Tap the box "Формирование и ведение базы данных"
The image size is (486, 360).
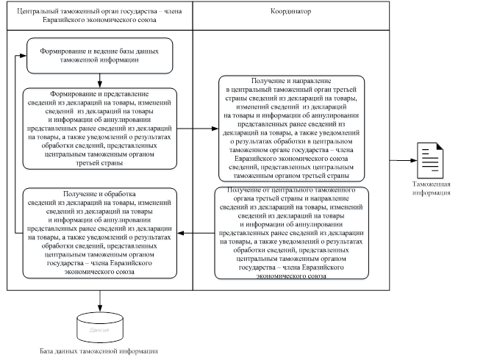[99, 57]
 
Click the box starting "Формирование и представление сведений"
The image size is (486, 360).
[99, 129]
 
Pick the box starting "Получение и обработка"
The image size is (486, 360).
[99, 233]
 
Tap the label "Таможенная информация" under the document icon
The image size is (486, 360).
[431, 189]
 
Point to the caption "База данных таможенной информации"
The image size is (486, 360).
[99, 351]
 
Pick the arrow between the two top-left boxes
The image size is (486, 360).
[99, 81]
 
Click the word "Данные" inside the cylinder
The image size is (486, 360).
[99, 330]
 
